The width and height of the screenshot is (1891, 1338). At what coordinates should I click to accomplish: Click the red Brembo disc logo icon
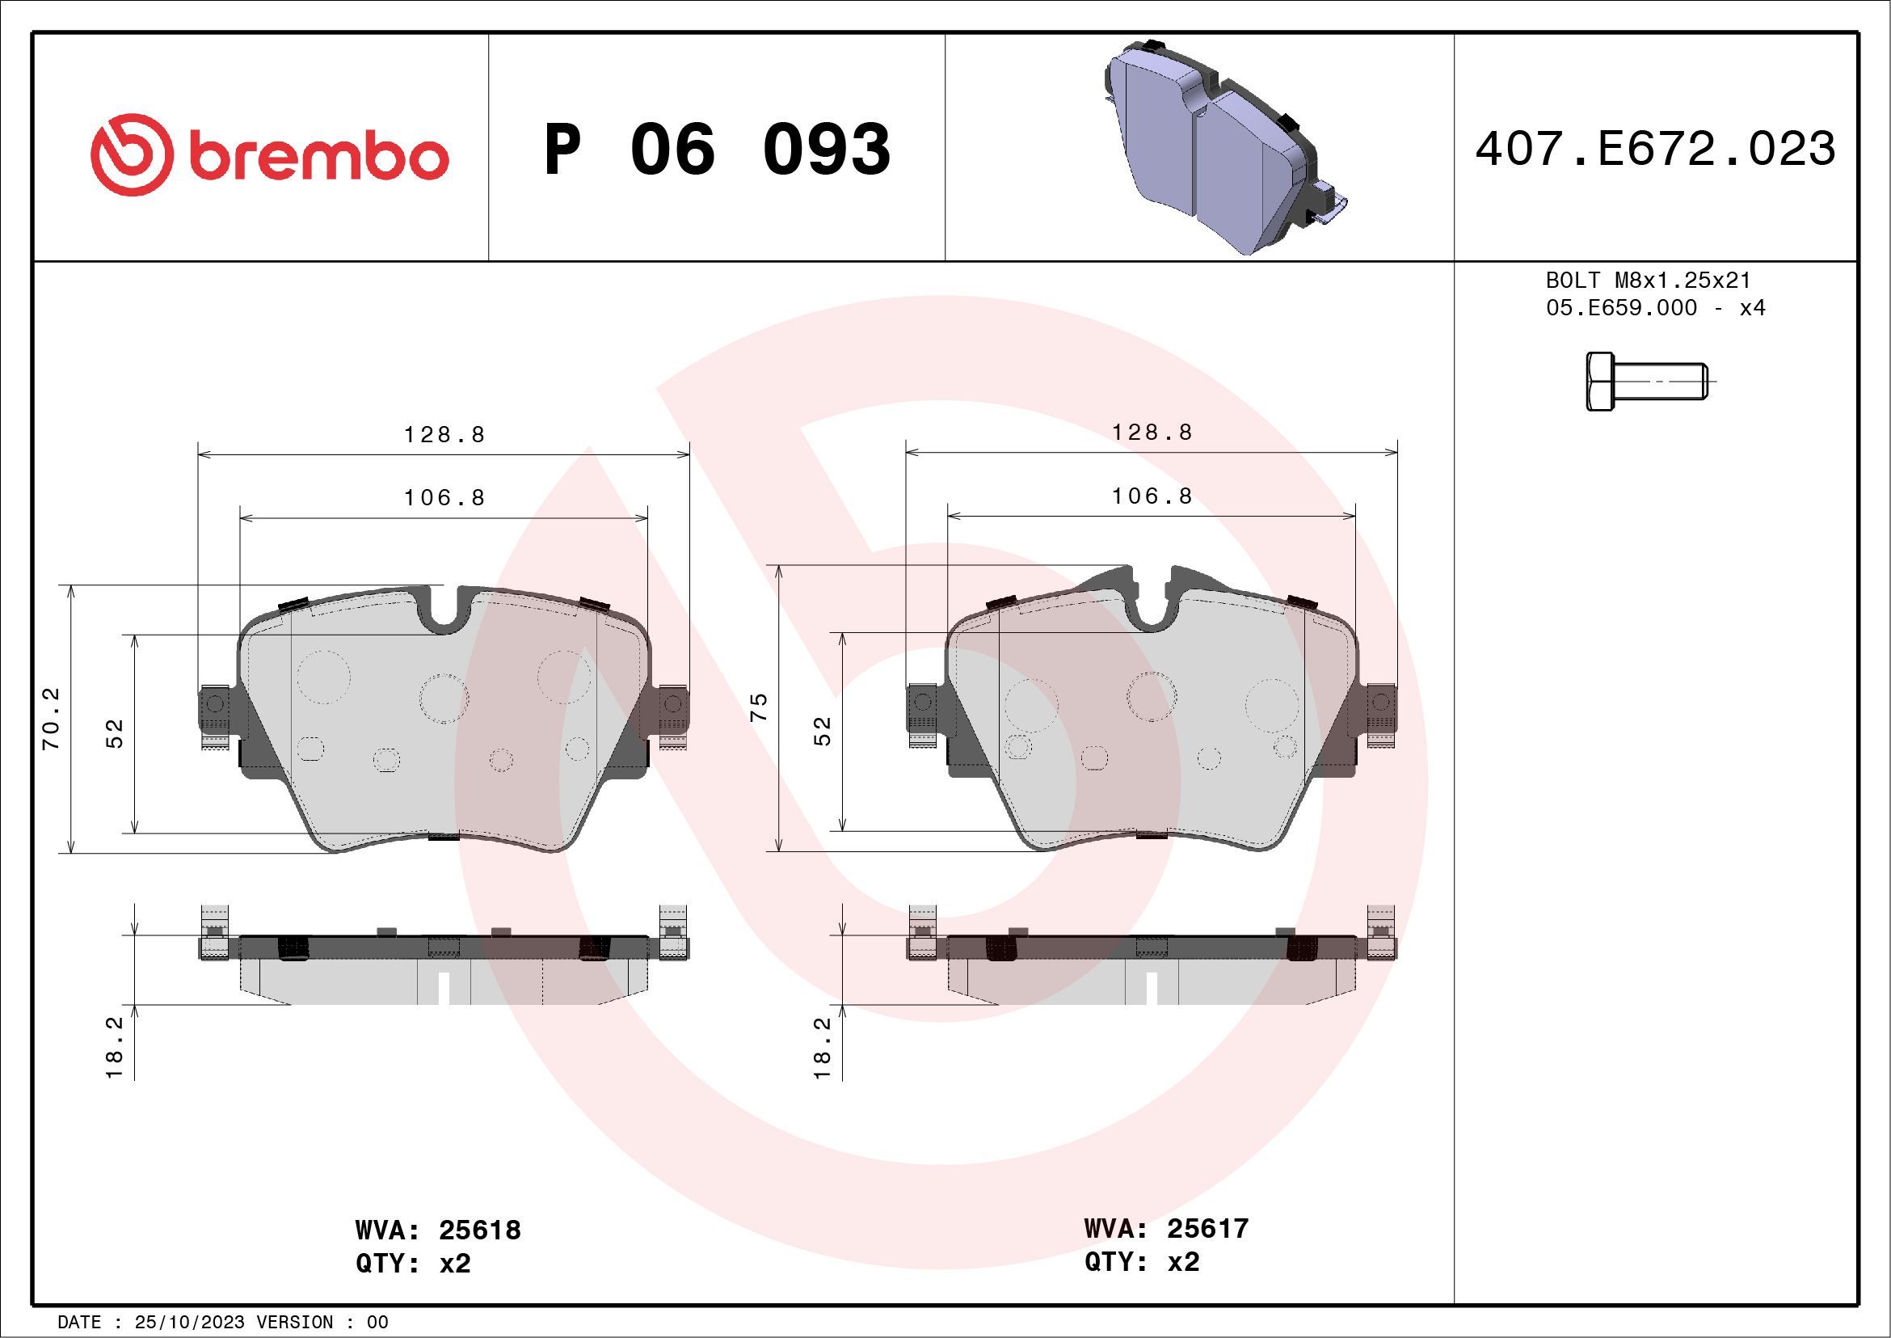132,155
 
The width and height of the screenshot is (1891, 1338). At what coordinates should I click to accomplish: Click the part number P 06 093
717,149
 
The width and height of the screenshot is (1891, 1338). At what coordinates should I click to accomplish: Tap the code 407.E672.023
1656,149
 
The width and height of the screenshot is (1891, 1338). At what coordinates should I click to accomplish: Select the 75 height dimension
759,707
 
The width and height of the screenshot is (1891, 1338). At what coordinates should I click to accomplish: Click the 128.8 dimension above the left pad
444,434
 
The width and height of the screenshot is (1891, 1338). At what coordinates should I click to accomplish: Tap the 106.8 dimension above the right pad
1152,496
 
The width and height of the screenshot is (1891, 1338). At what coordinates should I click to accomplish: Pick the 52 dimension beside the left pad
116,733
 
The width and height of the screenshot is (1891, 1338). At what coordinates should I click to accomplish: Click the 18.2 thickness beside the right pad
822,1048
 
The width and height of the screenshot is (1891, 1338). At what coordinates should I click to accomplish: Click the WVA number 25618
479,1230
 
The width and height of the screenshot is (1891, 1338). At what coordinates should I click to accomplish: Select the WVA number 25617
1207,1228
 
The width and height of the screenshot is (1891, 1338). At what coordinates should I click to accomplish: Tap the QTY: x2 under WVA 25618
413,1264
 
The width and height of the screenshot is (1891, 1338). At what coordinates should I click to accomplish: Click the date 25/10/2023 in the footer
189,1323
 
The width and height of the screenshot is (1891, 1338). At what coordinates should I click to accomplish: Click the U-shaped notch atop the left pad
444,610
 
